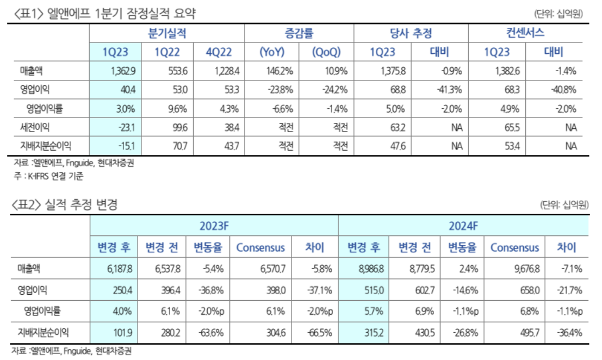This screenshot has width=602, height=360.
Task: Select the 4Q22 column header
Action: pyautogui.click(x=219, y=52)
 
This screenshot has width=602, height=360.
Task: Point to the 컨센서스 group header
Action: pyautogui.click(x=525, y=33)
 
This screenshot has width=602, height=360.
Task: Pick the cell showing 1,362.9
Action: pyautogui.click(x=115, y=71)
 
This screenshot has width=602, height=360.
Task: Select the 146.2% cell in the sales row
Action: pyautogui.click(x=273, y=71)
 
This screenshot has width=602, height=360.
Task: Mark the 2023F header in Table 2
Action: pyautogui.click(x=214, y=225)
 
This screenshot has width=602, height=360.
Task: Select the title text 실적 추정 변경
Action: pyautogui.click(x=81, y=205)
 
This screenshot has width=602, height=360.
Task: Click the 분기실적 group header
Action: pyautogui.click(x=167, y=33)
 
